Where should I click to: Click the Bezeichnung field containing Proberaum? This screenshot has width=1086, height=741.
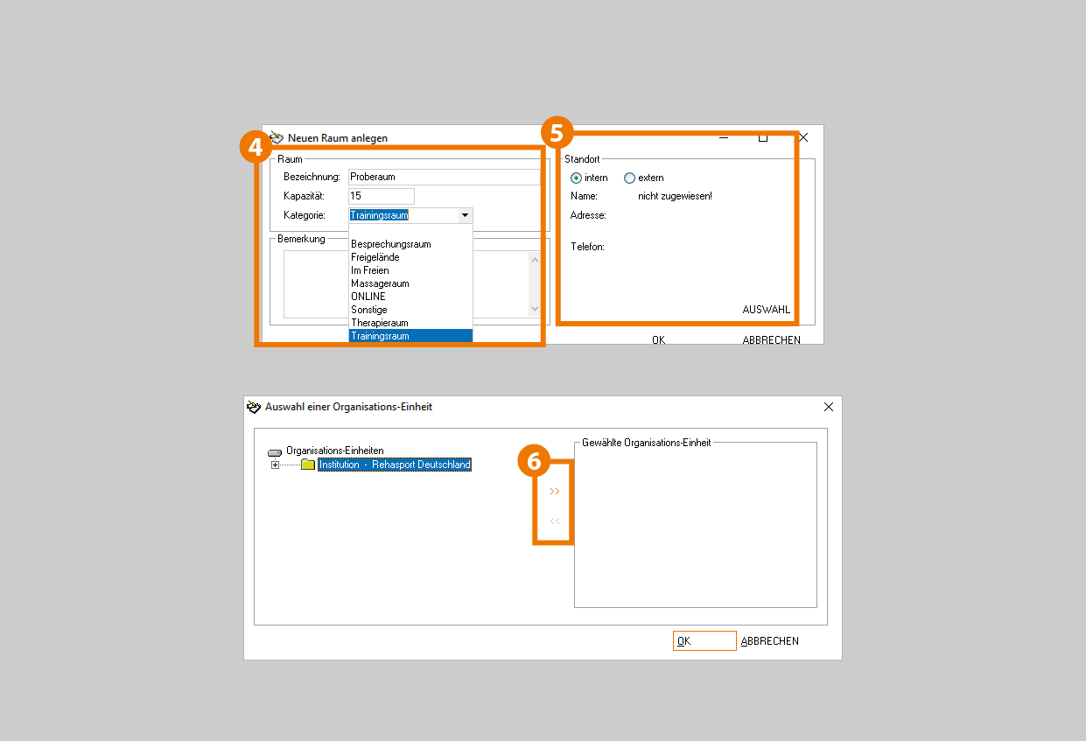(444, 177)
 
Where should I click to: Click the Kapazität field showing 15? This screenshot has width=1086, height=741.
(381, 196)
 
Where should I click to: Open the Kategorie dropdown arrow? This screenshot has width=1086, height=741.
(465, 215)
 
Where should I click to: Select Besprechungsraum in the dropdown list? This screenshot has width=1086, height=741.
(391, 244)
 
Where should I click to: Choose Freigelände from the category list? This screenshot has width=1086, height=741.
(375, 257)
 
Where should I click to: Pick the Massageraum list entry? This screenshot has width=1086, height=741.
(380, 283)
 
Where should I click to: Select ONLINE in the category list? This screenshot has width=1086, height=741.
(368, 297)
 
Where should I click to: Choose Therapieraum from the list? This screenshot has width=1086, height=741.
(379, 323)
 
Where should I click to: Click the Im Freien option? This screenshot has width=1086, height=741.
(369, 270)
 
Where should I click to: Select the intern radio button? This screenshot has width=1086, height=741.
(576, 178)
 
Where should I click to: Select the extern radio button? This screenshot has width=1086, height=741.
(629, 178)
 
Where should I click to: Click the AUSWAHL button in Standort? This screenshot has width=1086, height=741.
(766, 309)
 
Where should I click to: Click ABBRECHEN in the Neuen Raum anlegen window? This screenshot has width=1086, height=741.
(771, 339)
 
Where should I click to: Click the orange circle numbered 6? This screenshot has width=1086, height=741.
(534, 461)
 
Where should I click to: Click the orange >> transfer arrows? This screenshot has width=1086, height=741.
(555, 492)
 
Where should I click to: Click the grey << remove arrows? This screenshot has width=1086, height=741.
(555, 521)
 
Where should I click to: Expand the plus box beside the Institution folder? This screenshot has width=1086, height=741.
(275, 465)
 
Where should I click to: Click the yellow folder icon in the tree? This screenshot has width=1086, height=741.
(308, 465)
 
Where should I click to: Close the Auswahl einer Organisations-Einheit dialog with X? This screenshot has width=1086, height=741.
(829, 407)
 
